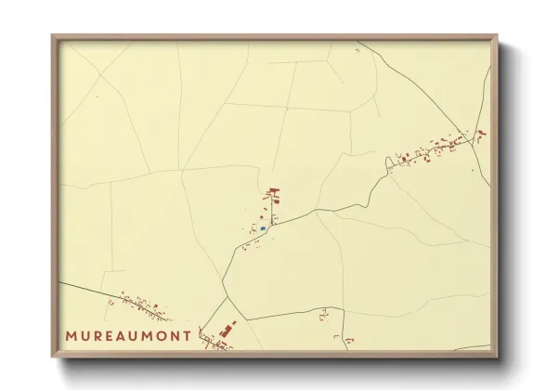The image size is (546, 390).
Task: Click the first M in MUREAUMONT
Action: pos(72,334)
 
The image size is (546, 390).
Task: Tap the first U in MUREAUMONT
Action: pos(89,334)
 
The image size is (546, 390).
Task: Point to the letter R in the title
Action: pos(103,334)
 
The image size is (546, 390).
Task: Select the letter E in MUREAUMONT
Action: pos(116,334)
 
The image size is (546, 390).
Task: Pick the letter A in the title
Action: pos(129,334)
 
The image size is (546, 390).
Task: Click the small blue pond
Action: pos(264,227)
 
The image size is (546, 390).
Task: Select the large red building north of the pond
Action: pos(273,194)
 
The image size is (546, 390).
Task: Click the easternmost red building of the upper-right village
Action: pos(482,133)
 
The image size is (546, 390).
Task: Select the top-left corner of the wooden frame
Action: pos(53,36)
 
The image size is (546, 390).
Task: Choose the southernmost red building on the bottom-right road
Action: pos(348,341)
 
